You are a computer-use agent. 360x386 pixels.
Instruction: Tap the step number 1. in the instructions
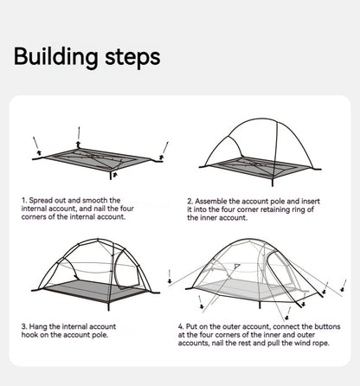pos(23,200)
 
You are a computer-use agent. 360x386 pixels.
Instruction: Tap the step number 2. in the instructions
pos(190,200)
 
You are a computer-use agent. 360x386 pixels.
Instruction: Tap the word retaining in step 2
pos(274,209)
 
